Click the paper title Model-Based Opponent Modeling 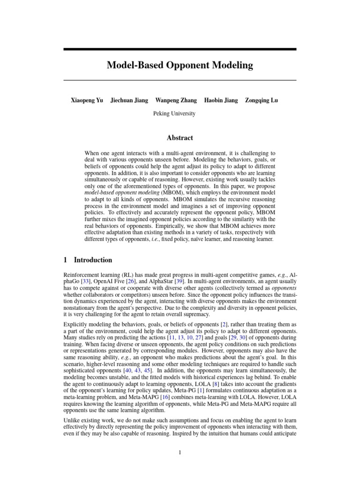180,65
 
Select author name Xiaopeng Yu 87,100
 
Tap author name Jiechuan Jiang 129,100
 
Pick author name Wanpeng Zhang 176,100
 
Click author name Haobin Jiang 221,100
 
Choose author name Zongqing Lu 262,100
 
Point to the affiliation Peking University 174,113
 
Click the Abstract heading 180,138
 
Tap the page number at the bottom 180,452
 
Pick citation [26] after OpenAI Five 128,280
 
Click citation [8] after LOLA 216,370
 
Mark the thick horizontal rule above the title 180,49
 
